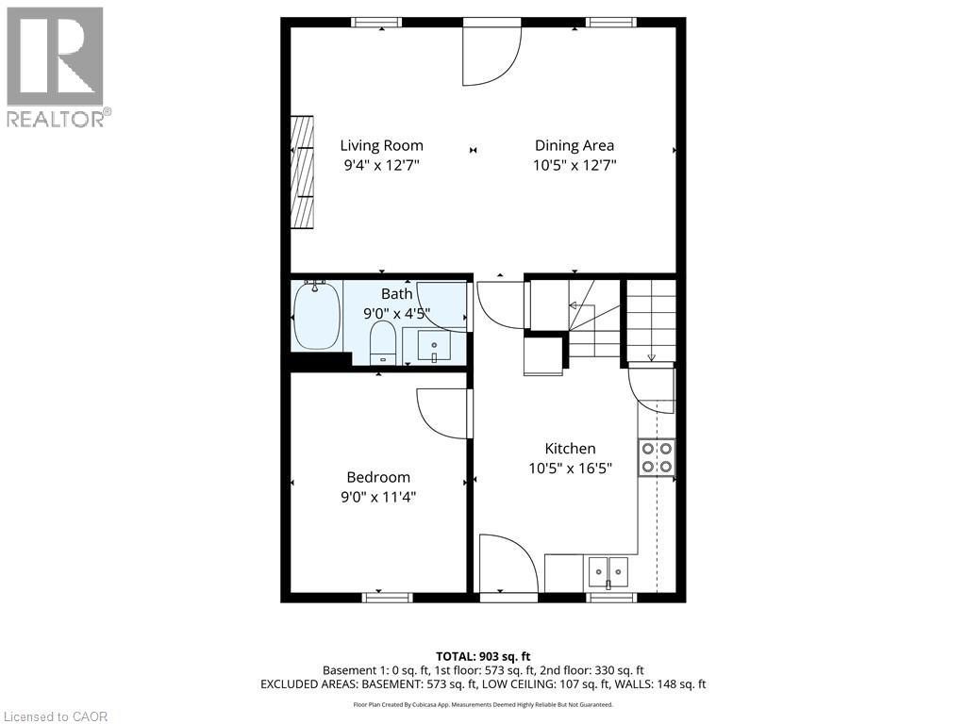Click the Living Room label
click(381, 145)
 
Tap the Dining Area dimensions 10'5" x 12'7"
click(574, 165)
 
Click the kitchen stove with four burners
click(657, 457)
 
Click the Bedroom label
click(377, 477)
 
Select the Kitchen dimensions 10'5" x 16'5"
click(570, 468)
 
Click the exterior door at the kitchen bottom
click(508, 566)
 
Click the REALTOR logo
click(56, 66)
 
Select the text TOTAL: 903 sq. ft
click(482, 655)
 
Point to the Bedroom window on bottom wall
click(388, 597)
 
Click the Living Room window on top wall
click(376, 22)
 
